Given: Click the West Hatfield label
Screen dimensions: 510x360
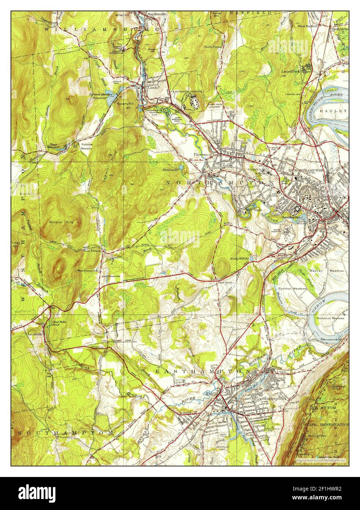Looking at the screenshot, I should pyautogui.click(x=307, y=26).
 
